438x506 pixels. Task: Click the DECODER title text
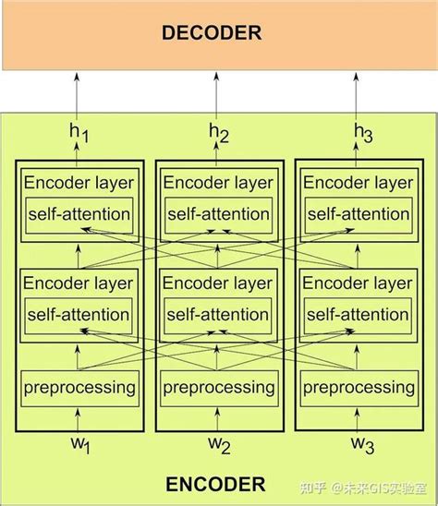click(212, 33)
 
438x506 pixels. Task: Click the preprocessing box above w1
click(79, 386)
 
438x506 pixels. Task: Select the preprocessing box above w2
click(219, 386)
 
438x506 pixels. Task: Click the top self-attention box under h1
click(79, 214)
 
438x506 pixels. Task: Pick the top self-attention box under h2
click(219, 214)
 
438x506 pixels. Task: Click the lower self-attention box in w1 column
click(79, 314)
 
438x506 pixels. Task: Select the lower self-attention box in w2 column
click(219, 314)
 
